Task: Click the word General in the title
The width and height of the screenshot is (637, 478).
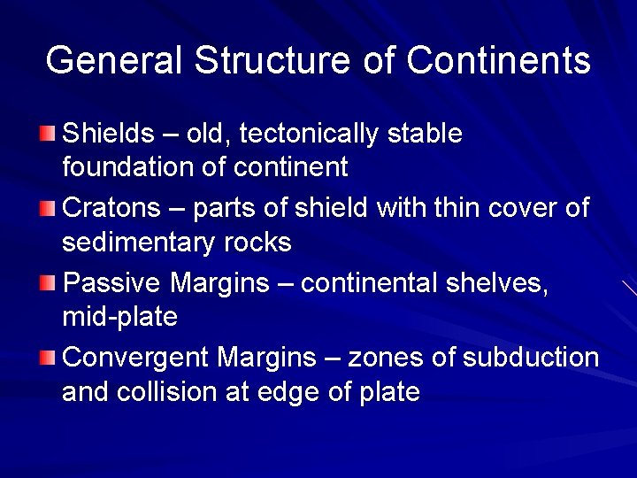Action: [114, 61]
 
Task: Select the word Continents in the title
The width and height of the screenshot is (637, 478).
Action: [498, 61]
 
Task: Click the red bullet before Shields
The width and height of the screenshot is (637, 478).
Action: [47, 134]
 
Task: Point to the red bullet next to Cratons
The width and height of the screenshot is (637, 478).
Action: [47, 209]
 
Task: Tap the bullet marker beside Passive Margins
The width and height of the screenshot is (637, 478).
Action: [47, 283]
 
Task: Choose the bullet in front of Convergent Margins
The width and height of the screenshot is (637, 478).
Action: [47, 358]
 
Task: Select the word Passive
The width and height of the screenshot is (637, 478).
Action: [113, 283]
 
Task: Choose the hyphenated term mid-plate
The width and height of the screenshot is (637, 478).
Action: [119, 316]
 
